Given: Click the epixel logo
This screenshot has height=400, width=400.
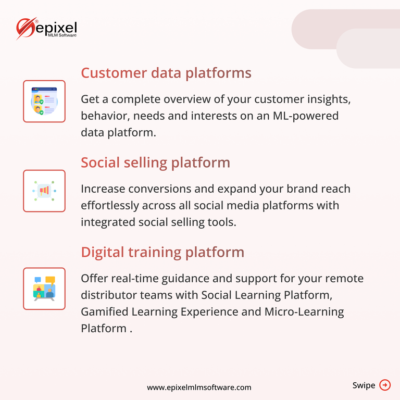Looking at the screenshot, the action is pyautogui.click(x=46, y=29).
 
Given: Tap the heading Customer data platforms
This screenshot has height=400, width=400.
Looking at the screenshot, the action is pyautogui.click(x=166, y=73).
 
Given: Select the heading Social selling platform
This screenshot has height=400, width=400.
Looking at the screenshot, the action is pyautogui.click(x=155, y=162).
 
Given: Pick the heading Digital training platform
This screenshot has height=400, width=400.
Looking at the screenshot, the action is pyautogui.click(x=162, y=252).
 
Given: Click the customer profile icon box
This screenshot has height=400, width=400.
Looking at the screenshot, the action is pyautogui.click(x=44, y=101).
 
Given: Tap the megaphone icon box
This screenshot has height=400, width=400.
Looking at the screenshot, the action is pyautogui.click(x=44, y=191).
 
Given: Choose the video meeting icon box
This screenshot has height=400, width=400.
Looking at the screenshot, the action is pyautogui.click(x=44, y=289).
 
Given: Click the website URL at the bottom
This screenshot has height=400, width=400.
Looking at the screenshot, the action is pyautogui.click(x=199, y=387).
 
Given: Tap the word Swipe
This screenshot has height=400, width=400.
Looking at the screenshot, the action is pyautogui.click(x=364, y=385).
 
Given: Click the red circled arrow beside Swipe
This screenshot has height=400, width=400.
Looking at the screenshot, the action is pyautogui.click(x=385, y=385).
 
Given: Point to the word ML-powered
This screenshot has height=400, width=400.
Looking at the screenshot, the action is pyautogui.click(x=306, y=116).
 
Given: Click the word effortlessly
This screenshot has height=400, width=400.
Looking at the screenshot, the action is pyautogui.click(x=110, y=206).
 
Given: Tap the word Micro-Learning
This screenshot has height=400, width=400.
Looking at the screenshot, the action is pyautogui.click(x=304, y=312).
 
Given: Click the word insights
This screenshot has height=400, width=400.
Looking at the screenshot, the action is pyautogui.click(x=329, y=99).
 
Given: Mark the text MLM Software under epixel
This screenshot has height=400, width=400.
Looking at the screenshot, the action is pyautogui.click(x=63, y=35).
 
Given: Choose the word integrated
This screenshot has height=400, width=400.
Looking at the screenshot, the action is pyautogui.click(x=108, y=222).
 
